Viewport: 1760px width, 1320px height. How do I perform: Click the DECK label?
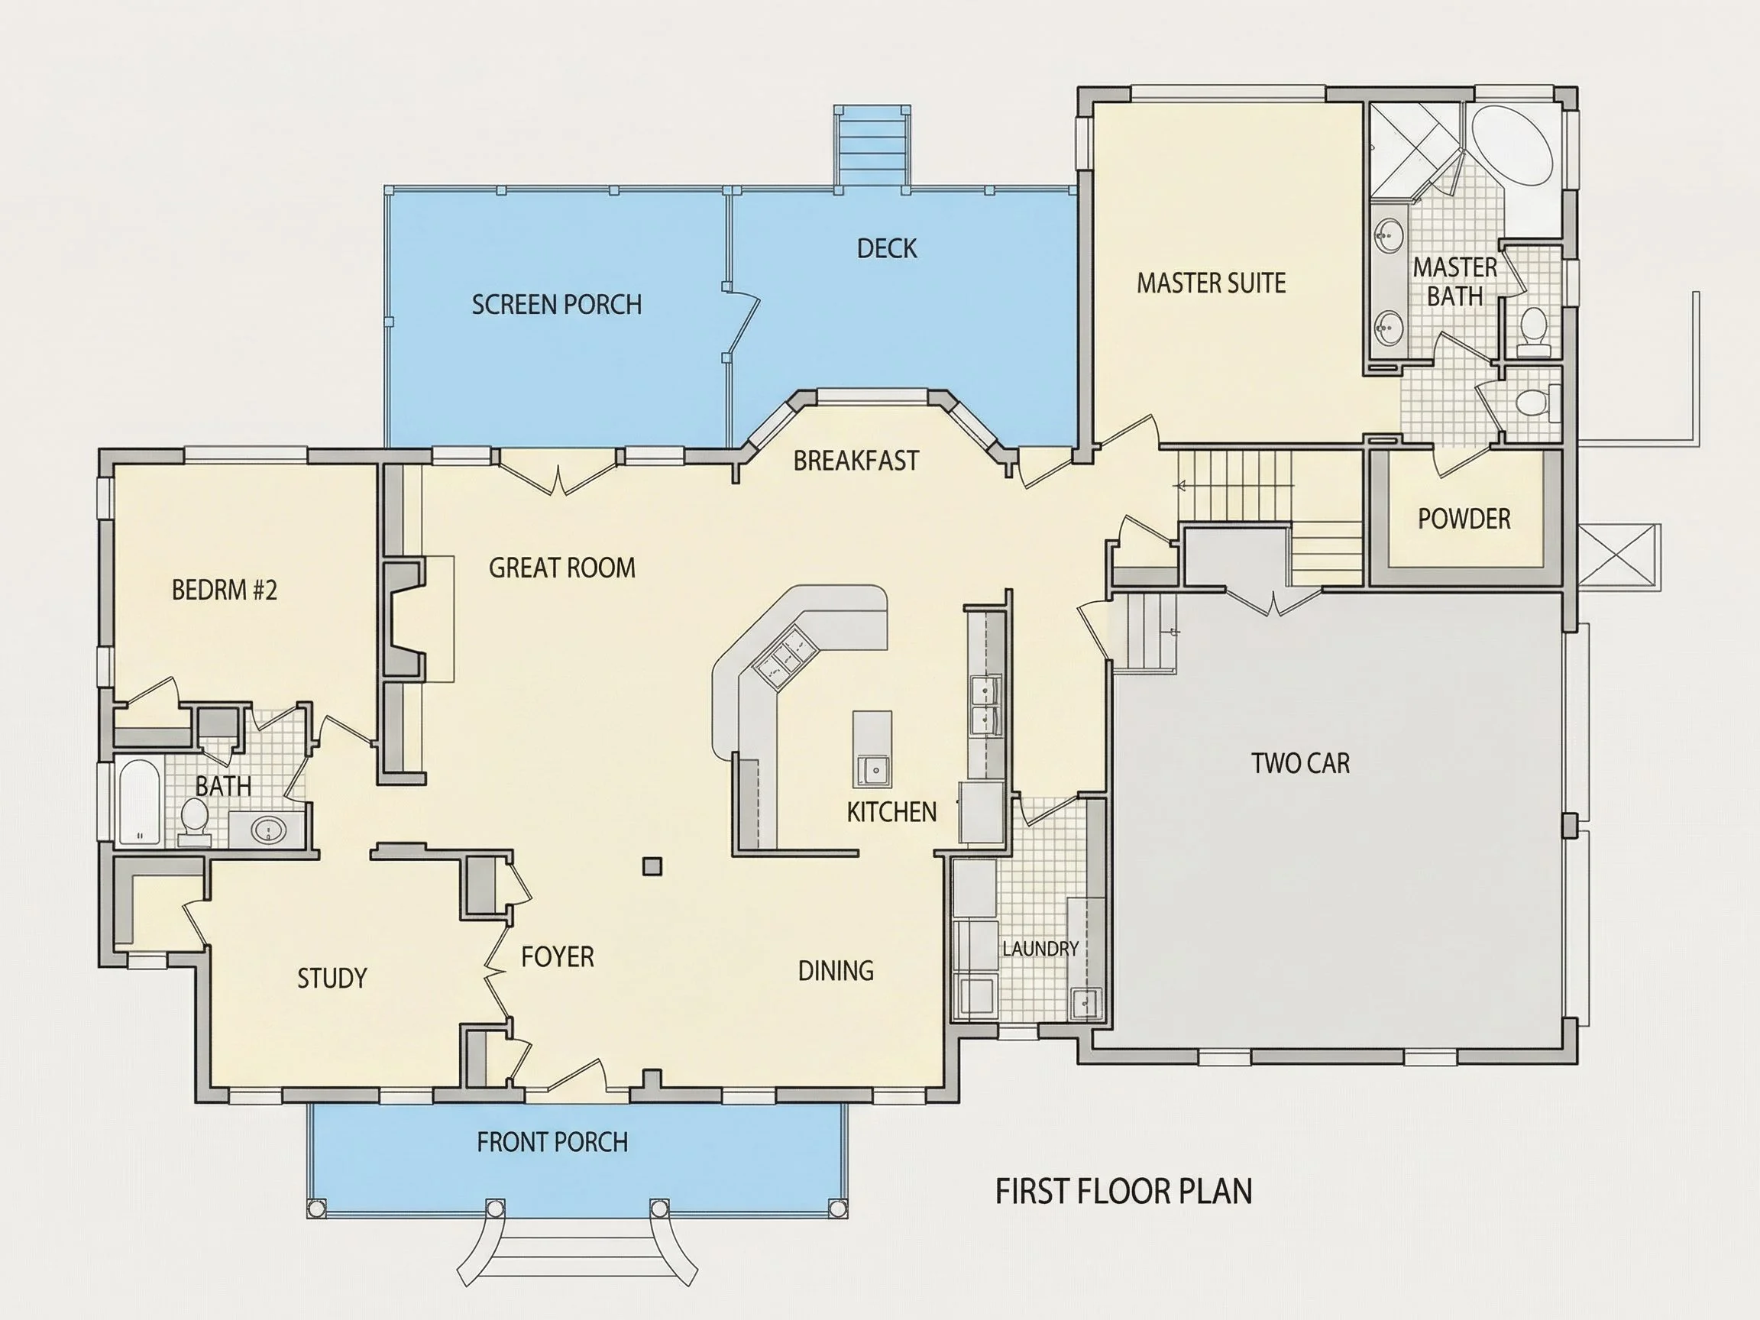886,248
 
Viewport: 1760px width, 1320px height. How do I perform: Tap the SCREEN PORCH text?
556,304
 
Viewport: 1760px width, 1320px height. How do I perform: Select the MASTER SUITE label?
1211,283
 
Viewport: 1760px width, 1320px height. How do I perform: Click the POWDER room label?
1464,519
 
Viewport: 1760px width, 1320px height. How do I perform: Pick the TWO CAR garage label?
1301,763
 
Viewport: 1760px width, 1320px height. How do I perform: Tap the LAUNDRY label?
1040,949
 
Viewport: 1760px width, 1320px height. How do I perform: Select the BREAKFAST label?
856,460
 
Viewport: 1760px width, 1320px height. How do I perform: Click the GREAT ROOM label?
561,568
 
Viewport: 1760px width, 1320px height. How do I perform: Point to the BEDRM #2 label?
225,590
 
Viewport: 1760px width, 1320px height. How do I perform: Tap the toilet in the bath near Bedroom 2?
194,820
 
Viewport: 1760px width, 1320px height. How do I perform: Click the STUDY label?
332,978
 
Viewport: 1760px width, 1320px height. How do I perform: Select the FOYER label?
557,956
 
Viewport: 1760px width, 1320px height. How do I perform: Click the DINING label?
836,971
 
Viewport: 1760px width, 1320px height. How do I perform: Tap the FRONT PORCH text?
552,1143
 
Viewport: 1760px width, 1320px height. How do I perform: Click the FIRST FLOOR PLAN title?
1124,1191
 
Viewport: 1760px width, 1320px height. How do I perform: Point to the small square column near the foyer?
652,865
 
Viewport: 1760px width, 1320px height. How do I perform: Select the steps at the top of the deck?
872,148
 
